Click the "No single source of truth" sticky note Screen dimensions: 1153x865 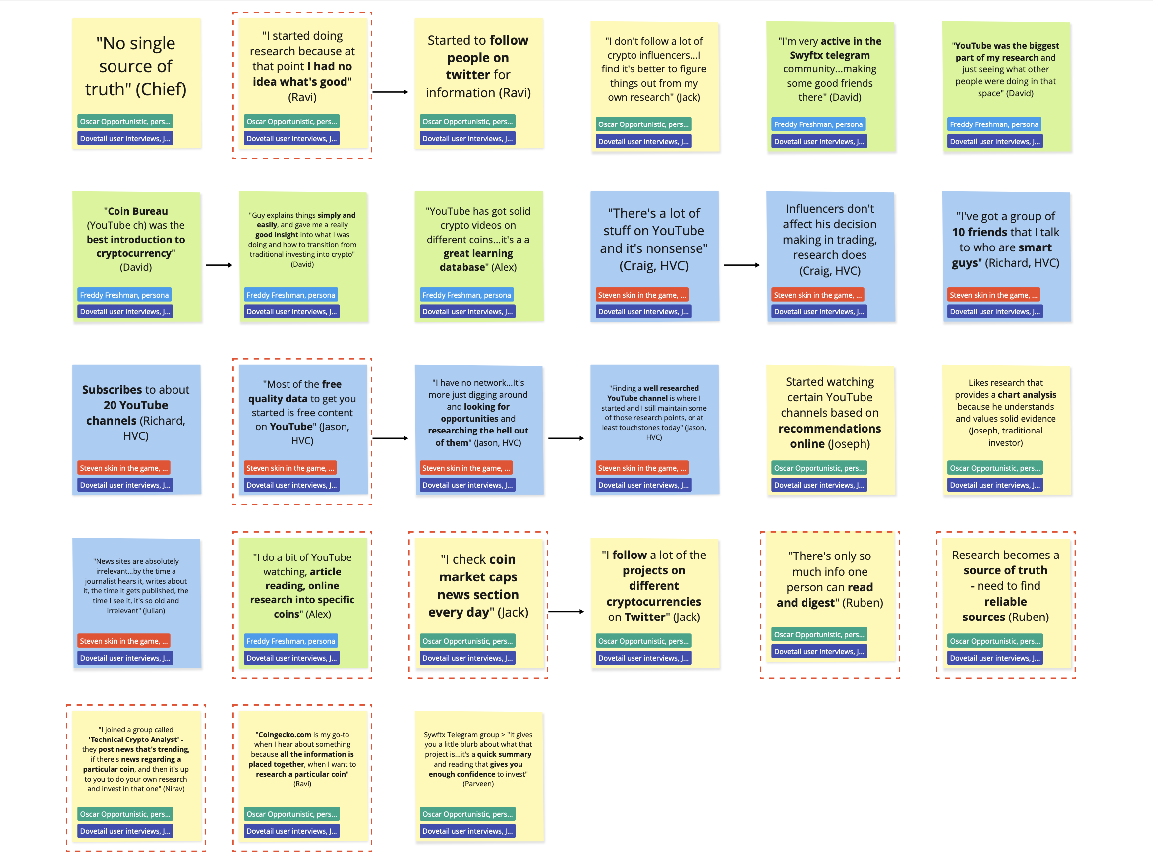pos(136,67)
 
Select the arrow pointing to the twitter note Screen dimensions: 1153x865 pos(391,92)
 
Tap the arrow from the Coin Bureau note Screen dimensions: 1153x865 pos(219,265)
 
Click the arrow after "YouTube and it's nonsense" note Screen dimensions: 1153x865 pos(742,265)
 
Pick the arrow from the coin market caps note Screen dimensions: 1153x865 pos(566,612)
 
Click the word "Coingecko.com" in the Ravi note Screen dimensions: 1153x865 pos(285,735)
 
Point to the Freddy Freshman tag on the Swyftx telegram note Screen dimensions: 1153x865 pos(818,124)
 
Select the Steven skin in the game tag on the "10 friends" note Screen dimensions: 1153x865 pos(993,295)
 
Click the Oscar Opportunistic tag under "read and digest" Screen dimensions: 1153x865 pos(818,634)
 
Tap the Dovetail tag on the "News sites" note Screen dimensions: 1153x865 pos(124,658)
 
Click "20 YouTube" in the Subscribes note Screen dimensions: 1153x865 pos(135,405)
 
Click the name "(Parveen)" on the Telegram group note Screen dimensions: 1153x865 pos(478,784)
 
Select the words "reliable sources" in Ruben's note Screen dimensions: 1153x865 pos(1005,610)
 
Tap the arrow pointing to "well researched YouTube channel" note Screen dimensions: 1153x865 pos(566,438)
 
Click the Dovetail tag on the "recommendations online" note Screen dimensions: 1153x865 pos(818,485)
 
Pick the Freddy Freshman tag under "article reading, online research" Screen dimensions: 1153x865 pos(290,641)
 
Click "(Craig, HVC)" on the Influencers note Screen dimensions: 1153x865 pos(829,271)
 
